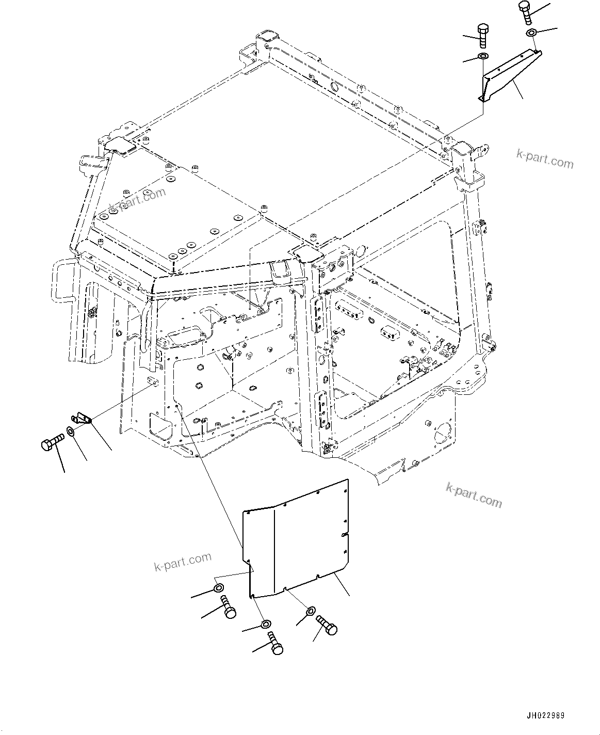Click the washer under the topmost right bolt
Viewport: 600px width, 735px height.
pyautogui.click(x=531, y=34)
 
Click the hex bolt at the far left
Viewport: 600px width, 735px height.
pyautogui.click(x=51, y=442)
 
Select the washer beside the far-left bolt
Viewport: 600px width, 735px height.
pyautogui.click(x=71, y=432)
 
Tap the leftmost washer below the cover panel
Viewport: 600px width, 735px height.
pyautogui.click(x=218, y=588)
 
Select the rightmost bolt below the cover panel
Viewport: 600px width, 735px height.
pyautogui.click(x=327, y=625)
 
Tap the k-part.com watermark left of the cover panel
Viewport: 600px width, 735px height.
pyautogui.click(x=183, y=562)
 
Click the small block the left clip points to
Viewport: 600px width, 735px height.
pyautogui.click(x=152, y=382)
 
